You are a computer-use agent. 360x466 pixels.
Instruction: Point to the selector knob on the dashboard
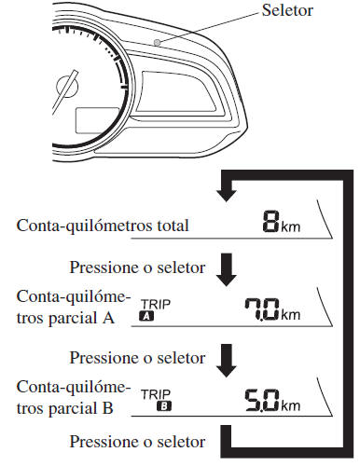point(159,42)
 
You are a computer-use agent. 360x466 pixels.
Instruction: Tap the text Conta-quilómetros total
point(103,250)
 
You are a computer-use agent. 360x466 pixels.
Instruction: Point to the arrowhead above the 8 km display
point(223,217)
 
